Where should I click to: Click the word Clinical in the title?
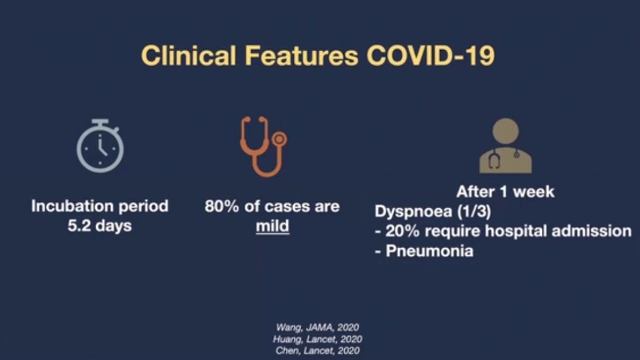pos(189,56)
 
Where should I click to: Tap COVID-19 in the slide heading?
pos(431,56)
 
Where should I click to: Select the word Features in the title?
pos(302,56)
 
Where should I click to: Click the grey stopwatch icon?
pos(101,146)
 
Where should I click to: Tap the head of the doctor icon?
pos(505,131)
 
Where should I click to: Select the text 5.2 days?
pos(99,226)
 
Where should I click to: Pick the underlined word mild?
pos(272,226)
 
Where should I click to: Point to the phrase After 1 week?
pos(505,191)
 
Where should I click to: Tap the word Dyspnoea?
pos(414,211)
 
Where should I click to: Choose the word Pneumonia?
pos(429,251)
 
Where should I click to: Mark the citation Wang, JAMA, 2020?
pos(317,327)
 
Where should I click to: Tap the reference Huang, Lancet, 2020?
pos(317,339)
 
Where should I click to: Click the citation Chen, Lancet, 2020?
pos(317,351)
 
